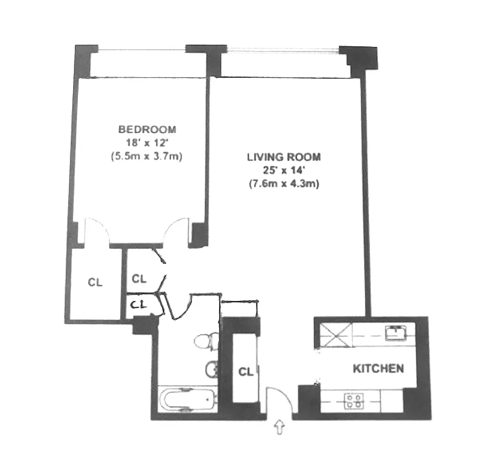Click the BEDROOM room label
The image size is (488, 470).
click(x=147, y=129)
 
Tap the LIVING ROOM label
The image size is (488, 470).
click(x=284, y=157)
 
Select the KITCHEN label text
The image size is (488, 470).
click(x=379, y=369)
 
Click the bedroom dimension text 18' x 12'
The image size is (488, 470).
click(x=147, y=143)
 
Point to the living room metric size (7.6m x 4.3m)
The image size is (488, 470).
click(x=284, y=184)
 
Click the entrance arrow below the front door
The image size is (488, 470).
click(x=280, y=427)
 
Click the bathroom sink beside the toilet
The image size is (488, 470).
click(x=212, y=369)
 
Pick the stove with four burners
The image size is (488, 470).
click(x=354, y=401)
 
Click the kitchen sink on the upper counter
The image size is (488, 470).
click(x=396, y=333)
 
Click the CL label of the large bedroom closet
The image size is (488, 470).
click(x=95, y=282)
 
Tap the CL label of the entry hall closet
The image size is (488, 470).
click(x=246, y=372)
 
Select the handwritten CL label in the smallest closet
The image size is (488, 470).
click(x=138, y=305)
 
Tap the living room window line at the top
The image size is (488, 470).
click(x=283, y=49)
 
